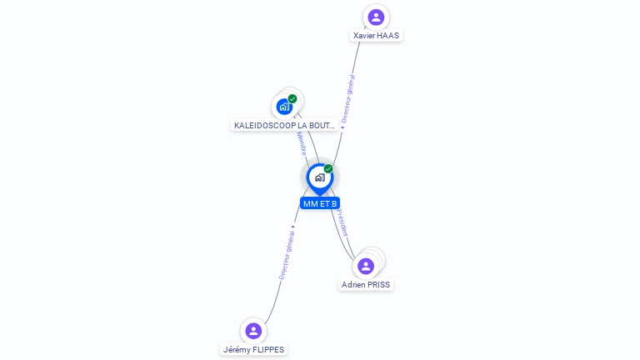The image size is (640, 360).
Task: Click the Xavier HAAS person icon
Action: (376, 17)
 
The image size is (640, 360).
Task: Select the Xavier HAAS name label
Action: (376, 36)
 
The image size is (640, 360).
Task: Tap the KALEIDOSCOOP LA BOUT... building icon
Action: (284, 107)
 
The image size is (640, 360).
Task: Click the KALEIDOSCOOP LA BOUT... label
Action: (285, 125)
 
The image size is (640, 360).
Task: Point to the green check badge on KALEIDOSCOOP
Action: (292, 99)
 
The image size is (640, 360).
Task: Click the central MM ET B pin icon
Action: (319, 177)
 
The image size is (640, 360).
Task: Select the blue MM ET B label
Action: (320, 203)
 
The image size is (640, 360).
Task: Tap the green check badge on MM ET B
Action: (328, 169)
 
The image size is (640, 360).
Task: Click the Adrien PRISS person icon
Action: (365, 266)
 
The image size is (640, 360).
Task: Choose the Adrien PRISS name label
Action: (365, 284)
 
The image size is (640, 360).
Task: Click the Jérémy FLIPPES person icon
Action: (253, 331)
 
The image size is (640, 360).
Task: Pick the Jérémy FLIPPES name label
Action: (254, 350)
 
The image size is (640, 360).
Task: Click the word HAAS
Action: (387, 36)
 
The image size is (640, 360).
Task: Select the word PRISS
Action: (377, 284)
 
